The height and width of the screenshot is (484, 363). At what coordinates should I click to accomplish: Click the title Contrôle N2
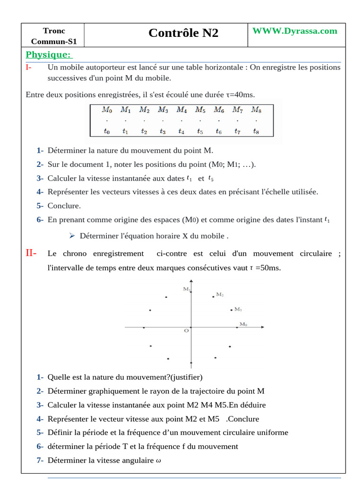tap(183, 33)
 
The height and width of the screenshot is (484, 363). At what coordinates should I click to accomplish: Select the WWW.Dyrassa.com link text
tap(295, 31)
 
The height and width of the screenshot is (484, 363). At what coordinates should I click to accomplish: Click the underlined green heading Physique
tap(48, 55)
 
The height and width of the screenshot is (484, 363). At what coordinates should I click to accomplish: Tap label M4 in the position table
tap(181, 110)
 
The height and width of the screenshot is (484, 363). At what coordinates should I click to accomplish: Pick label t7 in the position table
tap(237, 132)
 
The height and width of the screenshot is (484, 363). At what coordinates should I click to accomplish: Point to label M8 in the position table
tap(256, 110)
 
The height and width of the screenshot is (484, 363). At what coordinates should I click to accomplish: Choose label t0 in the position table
tap(107, 132)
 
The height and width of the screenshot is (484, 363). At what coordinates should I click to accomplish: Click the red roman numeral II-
tap(32, 253)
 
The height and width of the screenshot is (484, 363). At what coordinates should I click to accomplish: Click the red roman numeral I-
tap(29, 67)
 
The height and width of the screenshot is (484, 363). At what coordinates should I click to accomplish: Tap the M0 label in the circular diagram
tap(243, 324)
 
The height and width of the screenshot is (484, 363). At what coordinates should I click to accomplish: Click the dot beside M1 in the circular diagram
tap(231, 310)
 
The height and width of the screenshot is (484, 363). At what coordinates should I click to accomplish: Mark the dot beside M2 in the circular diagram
tap(213, 297)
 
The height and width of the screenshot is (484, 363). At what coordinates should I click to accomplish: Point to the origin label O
tap(186, 331)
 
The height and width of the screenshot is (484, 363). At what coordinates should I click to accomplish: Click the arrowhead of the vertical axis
tap(191, 282)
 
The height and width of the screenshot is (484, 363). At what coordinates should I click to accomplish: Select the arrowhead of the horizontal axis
tap(262, 327)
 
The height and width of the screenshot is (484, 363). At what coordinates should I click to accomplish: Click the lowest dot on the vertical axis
tap(191, 363)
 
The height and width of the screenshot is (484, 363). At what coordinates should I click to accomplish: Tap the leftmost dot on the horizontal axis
tap(144, 328)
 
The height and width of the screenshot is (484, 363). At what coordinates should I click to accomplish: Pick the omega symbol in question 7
tap(158, 461)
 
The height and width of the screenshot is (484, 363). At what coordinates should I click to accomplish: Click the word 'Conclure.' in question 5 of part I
tap(64, 206)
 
